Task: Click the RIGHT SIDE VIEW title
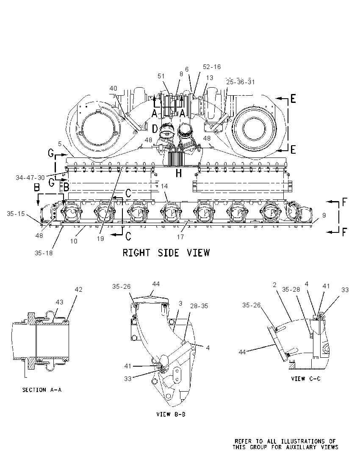166,253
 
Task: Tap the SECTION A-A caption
42,390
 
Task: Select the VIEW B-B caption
171,414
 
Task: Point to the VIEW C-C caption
306,378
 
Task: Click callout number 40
113,88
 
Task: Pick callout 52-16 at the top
212,67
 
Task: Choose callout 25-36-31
241,82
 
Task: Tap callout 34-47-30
30,177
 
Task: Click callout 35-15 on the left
16,213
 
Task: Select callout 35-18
44,253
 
